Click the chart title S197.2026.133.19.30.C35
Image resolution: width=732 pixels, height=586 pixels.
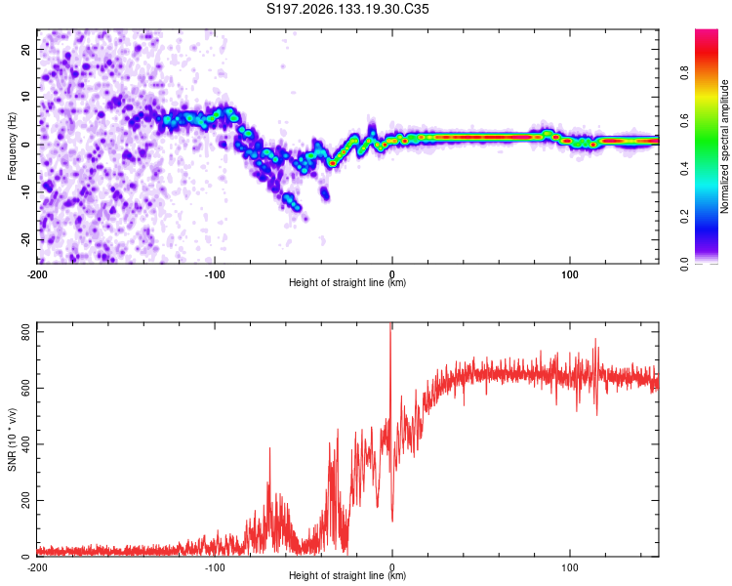coord(347,9)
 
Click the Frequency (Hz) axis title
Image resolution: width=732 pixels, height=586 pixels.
coord(12,146)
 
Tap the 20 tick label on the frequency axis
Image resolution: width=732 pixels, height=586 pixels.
coord(26,49)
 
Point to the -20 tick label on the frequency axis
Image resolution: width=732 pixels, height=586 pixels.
coord(26,240)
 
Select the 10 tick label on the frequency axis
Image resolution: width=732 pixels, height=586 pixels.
coord(26,97)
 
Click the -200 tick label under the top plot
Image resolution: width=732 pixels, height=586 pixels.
coord(37,274)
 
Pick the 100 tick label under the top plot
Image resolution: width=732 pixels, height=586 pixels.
coord(570,274)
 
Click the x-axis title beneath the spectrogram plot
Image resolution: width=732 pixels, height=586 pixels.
coord(347,282)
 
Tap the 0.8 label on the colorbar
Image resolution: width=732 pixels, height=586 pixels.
coord(684,73)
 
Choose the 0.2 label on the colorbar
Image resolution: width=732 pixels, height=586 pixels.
coord(684,217)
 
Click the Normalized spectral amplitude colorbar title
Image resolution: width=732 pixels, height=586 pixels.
coord(724,146)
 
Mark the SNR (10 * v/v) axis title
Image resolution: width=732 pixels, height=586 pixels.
coord(12,439)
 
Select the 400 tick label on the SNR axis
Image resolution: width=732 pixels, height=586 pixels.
coord(26,444)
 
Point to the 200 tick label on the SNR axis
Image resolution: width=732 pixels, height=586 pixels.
coord(26,500)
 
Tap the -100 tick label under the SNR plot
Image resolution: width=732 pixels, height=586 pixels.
coord(215,567)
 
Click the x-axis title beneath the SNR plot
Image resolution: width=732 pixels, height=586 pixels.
coord(347,575)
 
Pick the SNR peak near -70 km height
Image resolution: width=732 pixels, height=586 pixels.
coord(269,448)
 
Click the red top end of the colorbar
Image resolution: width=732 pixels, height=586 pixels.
coord(707,32)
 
